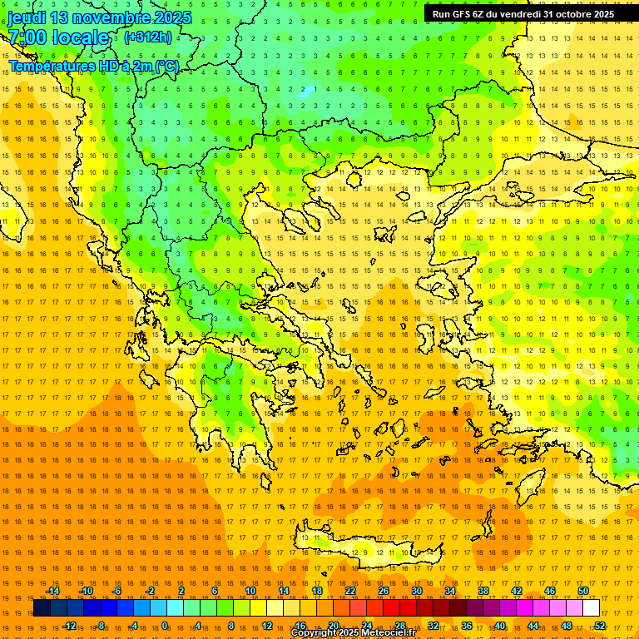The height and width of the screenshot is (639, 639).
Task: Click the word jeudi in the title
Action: (x=29, y=17)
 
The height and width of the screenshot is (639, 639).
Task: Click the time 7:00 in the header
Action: (x=26, y=37)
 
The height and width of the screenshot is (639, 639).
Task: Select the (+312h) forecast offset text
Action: (x=148, y=37)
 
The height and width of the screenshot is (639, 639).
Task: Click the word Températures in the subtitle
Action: (x=48, y=65)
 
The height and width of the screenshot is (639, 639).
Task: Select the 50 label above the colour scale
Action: (x=583, y=591)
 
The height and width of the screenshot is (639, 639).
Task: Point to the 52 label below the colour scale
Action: (x=600, y=626)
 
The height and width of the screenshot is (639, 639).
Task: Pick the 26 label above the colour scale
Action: (x=384, y=591)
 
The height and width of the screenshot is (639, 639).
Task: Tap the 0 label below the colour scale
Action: (x=165, y=626)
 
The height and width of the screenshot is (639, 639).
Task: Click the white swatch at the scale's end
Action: (x=591, y=608)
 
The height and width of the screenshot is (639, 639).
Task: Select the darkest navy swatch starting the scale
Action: (x=42, y=608)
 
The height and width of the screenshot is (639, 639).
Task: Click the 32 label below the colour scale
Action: (x=433, y=626)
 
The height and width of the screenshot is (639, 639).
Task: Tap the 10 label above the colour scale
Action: (x=250, y=591)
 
